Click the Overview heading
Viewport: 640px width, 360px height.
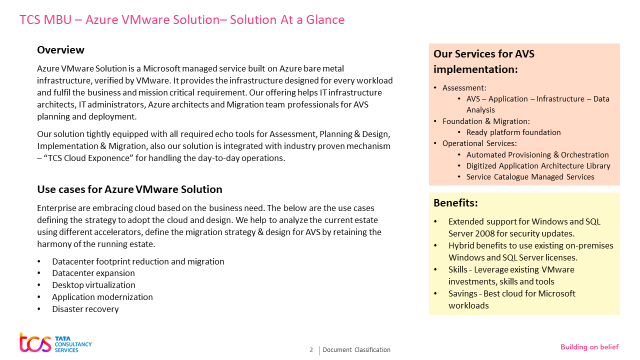(x=60, y=50)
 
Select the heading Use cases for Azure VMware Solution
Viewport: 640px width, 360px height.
(x=129, y=189)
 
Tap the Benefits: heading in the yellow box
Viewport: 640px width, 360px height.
(x=455, y=203)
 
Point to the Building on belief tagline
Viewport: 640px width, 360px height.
(x=589, y=347)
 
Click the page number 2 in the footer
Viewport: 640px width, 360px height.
(x=311, y=350)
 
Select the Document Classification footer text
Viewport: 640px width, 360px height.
(x=356, y=350)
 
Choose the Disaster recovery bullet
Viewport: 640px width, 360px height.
(x=85, y=309)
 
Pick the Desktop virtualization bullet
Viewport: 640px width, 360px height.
(x=93, y=285)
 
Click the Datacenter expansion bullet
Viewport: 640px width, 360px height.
(x=93, y=273)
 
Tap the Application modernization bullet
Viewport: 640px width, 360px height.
(x=102, y=297)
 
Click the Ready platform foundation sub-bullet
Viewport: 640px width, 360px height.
(x=513, y=132)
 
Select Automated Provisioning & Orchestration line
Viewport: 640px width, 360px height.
(x=537, y=155)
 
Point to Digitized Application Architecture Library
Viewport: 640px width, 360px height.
(x=538, y=166)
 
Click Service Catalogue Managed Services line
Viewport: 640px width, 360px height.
(x=530, y=177)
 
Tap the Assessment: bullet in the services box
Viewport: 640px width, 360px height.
(x=464, y=88)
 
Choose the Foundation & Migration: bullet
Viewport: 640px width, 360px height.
(x=486, y=121)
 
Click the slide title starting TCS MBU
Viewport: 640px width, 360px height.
(x=182, y=20)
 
